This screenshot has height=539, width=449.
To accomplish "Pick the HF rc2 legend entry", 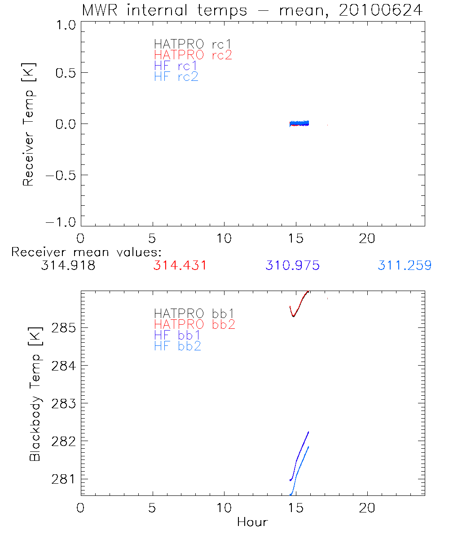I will pyautogui.click(x=176, y=77).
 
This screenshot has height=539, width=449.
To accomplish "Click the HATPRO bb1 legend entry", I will pyautogui.click(x=194, y=313).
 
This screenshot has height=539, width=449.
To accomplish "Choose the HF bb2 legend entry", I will pyautogui.click(x=177, y=346).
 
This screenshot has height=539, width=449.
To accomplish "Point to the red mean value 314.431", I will pyautogui.click(x=180, y=265).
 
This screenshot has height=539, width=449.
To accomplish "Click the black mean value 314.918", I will pyautogui.click(x=68, y=265).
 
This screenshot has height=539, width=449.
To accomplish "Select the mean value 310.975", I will pyautogui.click(x=292, y=265).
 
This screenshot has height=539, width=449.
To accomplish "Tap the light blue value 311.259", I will pyautogui.click(x=405, y=265).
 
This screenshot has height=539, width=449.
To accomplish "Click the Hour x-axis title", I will pyautogui.click(x=252, y=522).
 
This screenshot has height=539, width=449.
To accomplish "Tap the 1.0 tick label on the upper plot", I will pyautogui.click(x=65, y=26).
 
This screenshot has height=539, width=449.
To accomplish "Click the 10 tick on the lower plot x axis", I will pyautogui.click(x=224, y=508).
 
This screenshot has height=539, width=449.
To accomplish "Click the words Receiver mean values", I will pyautogui.click(x=86, y=252).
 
